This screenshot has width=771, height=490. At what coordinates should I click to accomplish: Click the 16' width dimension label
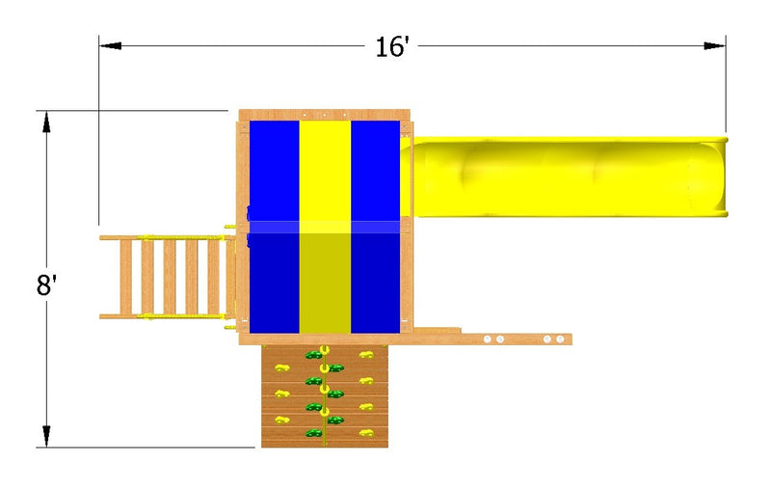(x=392, y=47)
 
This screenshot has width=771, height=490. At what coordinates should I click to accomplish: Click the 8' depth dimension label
(x=46, y=285)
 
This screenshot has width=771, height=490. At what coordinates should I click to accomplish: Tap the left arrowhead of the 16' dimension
(x=111, y=45)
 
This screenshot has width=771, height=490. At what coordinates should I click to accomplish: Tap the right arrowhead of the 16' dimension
(x=714, y=45)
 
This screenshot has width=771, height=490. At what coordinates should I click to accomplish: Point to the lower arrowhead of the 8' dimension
(x=46, y=436)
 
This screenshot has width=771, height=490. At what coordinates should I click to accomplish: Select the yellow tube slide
(x=565, y=177)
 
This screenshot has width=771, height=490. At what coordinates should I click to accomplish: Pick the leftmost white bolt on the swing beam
(x=488, y=339)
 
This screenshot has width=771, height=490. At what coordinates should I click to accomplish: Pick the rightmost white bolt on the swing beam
(x=560, y=339)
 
